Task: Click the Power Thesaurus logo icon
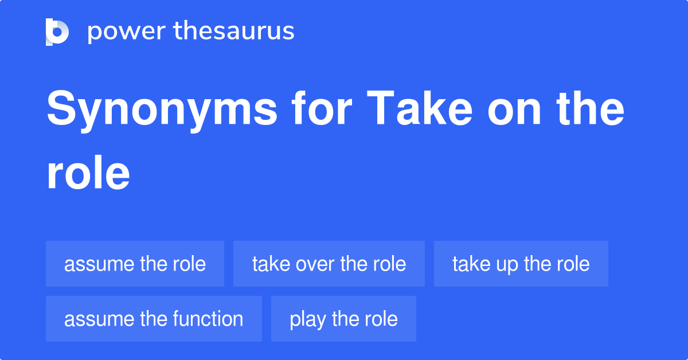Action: [57, 32]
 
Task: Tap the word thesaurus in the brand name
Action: [234, 32]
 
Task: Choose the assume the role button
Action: [135, 264]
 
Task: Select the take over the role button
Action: [329, 264]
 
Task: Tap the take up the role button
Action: [521, 264]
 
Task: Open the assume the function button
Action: [154, 319]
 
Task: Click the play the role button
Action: [343, 319]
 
